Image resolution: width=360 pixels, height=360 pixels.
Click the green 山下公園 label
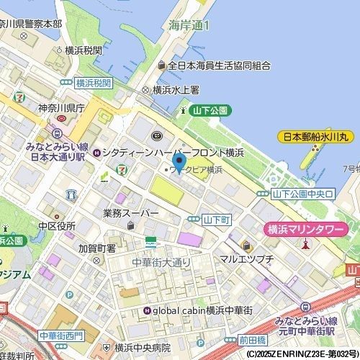pyautogui.click(x=210, y=110)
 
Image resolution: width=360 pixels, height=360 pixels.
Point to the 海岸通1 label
pyautogui.click(x=189, y=24)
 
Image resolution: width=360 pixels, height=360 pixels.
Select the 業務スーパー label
pyautogui.click(x=130, y=213)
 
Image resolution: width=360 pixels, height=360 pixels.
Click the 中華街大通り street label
pyautogui.click(x=161, y=261)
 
